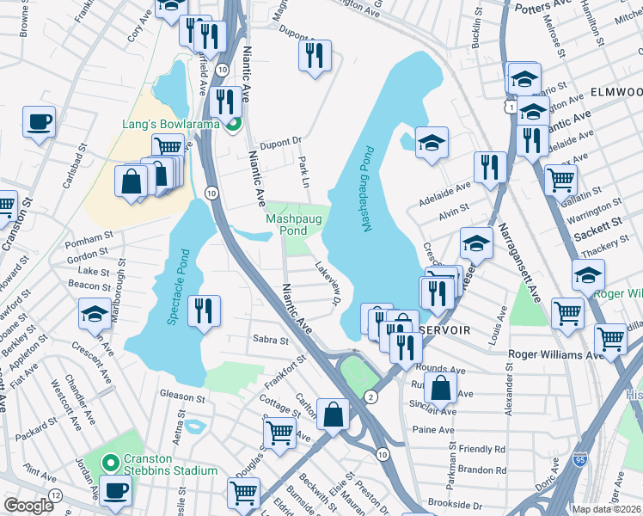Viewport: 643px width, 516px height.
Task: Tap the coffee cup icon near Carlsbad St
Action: pos(39,121)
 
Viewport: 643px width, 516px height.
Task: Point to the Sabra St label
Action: pos(271,341)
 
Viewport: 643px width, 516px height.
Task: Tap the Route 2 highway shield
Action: pos(370,396)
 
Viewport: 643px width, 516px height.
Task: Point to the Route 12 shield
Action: pos(55,495)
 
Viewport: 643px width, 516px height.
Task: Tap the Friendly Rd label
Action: pos(482,449)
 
